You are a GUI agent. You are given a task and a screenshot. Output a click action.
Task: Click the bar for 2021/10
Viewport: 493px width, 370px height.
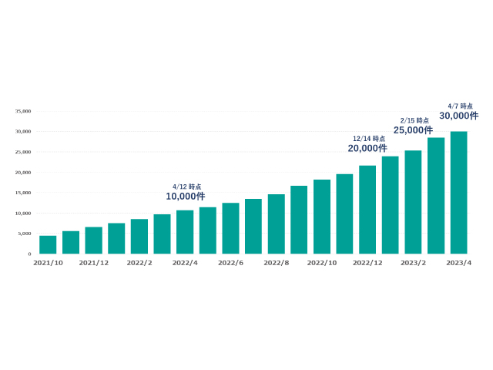[48, 244]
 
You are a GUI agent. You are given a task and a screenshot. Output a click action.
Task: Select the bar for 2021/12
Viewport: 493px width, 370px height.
[93, 240]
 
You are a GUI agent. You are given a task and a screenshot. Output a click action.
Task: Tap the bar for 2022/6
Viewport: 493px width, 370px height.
[230, 228]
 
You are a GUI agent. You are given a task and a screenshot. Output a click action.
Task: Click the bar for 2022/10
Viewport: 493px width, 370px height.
[322, 217]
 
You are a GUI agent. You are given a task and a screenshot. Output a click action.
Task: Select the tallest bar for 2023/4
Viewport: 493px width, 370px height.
[458, 193]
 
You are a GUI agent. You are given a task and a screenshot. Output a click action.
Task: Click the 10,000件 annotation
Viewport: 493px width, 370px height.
[185, 197]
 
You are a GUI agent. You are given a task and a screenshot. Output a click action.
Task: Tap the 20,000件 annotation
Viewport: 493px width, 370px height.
[367, 148]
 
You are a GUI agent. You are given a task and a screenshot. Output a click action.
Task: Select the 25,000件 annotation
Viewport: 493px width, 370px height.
[413, 130]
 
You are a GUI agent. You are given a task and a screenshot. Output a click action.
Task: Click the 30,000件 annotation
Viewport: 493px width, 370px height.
[458, 116]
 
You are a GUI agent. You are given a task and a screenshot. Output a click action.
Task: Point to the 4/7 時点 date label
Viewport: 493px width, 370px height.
[460, 106]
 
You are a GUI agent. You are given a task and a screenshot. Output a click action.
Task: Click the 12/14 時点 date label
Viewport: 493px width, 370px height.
[369, 139]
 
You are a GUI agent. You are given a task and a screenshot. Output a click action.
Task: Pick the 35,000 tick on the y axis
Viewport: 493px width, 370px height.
[23, 111]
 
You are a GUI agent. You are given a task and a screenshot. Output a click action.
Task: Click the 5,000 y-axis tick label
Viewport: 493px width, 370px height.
[25, 234]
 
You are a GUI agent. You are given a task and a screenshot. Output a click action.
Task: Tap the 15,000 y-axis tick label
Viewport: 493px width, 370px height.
[23, 193]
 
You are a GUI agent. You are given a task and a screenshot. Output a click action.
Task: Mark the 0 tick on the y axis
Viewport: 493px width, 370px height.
[29, 254]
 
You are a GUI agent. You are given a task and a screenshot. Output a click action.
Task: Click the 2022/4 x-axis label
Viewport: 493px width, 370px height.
[185, 263]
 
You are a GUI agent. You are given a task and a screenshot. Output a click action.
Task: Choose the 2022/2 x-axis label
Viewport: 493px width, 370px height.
[139, 263]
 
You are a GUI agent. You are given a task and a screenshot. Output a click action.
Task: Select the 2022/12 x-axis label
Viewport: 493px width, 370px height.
[367, 263]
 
